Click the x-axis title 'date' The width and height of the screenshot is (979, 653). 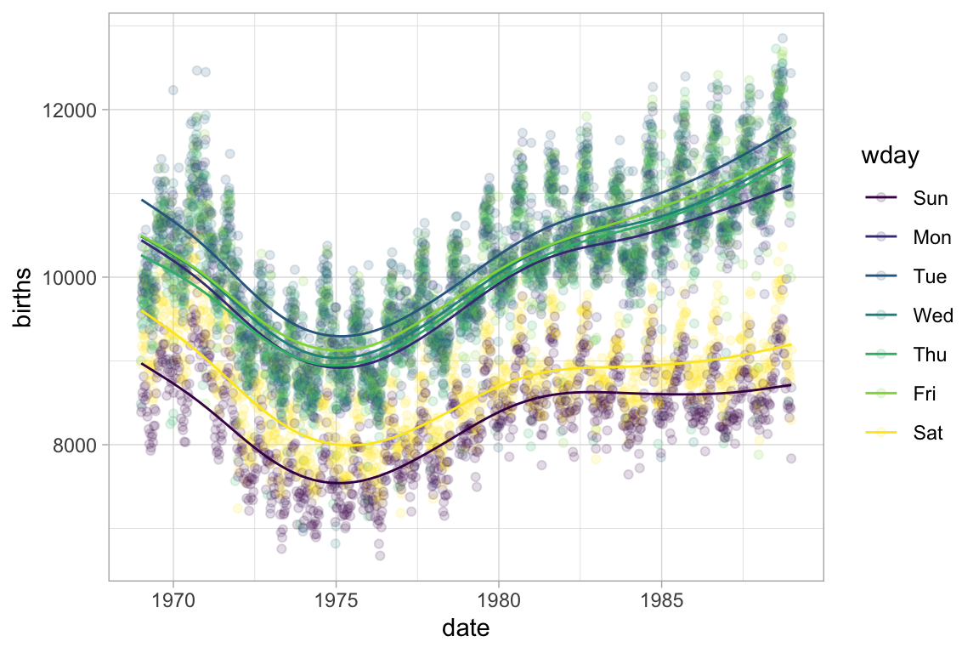tap(466, 628)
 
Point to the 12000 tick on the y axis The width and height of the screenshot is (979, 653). tap(75, 110)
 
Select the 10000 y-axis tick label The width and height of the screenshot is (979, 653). tap(75, 277)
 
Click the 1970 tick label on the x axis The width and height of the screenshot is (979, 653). tap(173, 600)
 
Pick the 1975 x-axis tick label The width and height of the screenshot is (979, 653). tap(336, 600)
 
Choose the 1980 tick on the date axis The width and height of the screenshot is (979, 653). tap(498, 600)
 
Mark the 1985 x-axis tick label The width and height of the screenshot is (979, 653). tap(661, 600)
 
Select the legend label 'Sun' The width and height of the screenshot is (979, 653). tap(931, 198)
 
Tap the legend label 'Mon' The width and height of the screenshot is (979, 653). tap(932, 237)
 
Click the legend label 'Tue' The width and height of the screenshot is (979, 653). tap(930, 276)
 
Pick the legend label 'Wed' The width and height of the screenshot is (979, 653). tap(933, 315)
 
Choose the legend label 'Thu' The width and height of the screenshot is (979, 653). tap(931, 355)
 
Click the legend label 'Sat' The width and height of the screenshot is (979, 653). tap(928, 433)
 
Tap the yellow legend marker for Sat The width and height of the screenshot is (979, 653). tap(881, 433)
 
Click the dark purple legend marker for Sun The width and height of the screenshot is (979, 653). tap(881, 198)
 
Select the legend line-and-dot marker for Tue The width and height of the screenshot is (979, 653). tap(881, 276)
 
